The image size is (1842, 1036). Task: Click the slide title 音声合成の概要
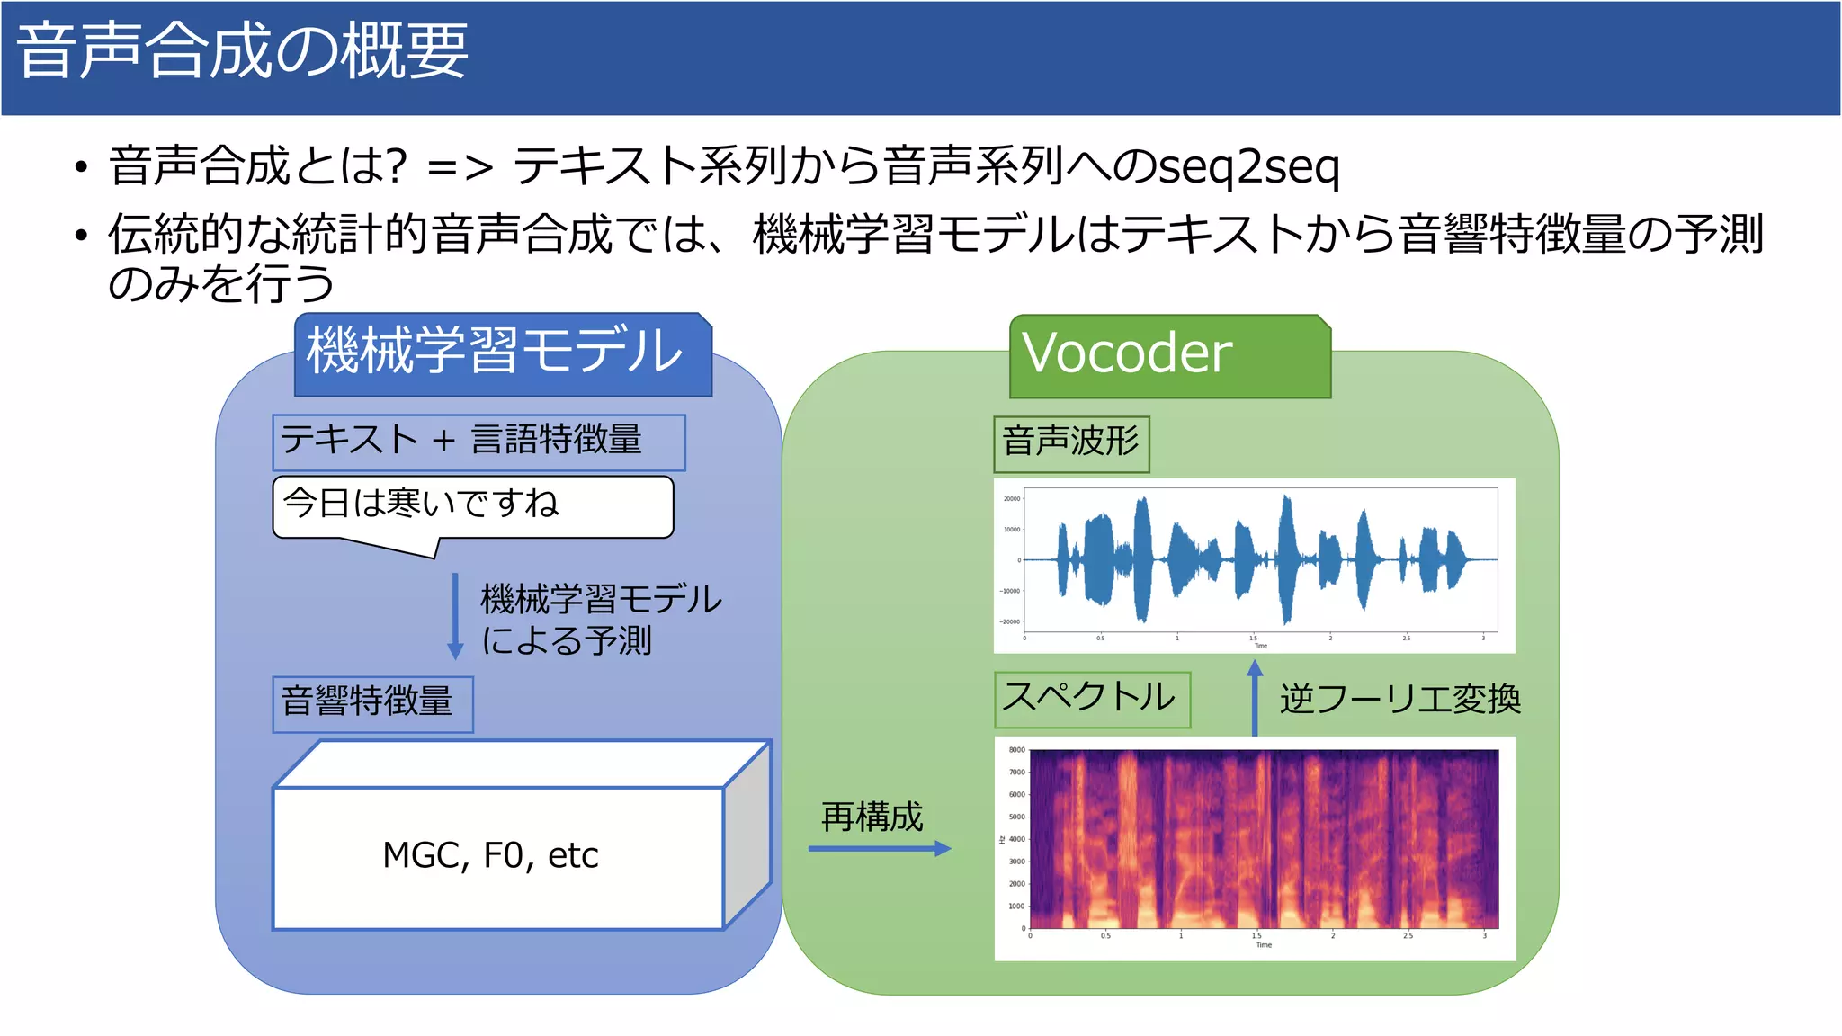point(243,52)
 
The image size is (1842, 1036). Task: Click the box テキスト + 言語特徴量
point(478,442)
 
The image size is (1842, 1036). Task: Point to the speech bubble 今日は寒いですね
point(472,505)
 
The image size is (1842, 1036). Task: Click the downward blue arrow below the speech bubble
point(455,617)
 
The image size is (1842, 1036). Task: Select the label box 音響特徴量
point(372,703)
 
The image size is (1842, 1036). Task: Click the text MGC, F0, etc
point(490,855)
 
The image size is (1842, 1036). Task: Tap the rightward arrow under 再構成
point(879,848)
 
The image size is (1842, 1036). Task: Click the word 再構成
point(872,817)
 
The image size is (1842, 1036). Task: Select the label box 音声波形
point(1071,443)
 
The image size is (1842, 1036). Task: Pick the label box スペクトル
point(1092,699)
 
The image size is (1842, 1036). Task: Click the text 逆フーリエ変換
point(1399,699)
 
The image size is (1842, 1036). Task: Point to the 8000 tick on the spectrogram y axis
point(1016,750)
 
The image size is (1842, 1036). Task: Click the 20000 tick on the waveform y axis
point(1012,499)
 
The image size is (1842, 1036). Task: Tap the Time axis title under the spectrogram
point(1264,945)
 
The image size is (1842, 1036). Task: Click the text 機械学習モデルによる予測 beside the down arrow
point(600,620)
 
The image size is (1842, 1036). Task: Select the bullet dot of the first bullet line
point(82,168)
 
